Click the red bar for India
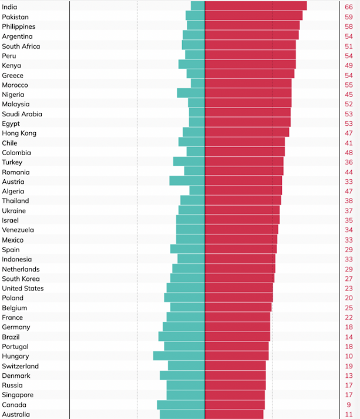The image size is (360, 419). [x=255, y=6]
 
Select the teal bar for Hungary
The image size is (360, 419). [x=179, y=356]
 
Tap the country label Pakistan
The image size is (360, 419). [x=15, y=17]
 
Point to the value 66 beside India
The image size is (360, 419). [x=349, y=6]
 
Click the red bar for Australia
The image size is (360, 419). [x=234, y=414]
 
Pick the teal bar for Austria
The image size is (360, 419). [x=187, y=181]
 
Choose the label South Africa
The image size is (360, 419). [x=21, y=46]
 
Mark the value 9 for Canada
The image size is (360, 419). [x=349, y=404]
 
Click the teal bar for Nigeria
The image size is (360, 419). [x=191, y=94]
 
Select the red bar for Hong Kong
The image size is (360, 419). [x=247, y=133]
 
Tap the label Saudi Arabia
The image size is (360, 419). [x=22, y=114]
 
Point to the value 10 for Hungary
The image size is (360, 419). [x=349, y=356]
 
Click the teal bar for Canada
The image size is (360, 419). [x=181, y=404]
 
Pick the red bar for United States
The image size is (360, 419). [x=238, y=288]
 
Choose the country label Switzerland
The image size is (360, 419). [x=21, y=366]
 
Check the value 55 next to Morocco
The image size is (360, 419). [x=349, y=85]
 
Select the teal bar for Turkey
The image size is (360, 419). [x=189, y=162]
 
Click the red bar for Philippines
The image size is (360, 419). [x=252, y=26]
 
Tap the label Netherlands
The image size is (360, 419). [x=21, y=269]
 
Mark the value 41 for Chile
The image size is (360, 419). [x=349, y=143]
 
